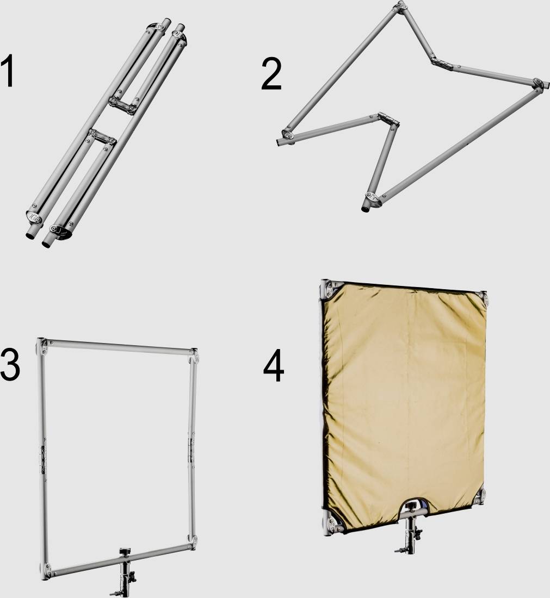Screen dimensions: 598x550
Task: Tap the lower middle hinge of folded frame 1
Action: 101,136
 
